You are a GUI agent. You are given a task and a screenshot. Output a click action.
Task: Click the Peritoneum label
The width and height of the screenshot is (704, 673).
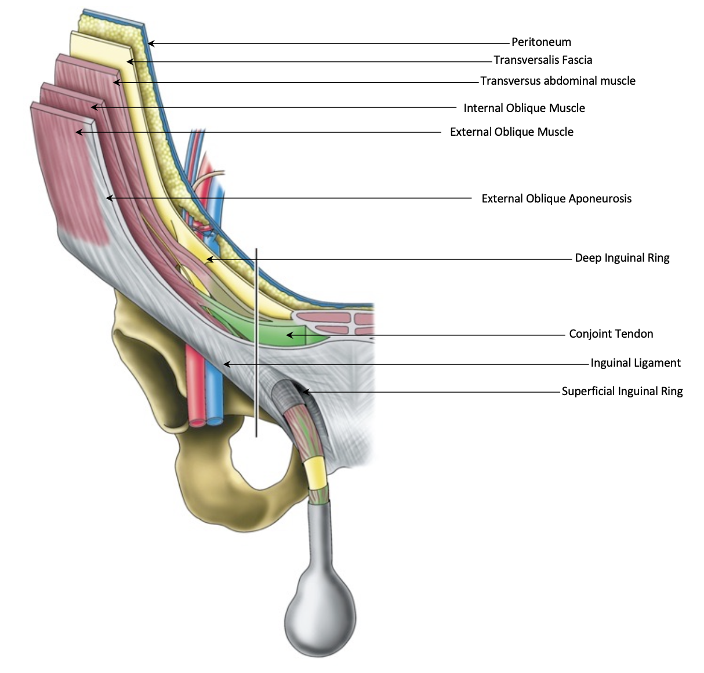coord(541,42)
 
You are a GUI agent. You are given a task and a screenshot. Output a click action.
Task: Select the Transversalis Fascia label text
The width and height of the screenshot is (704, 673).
coord(543,60)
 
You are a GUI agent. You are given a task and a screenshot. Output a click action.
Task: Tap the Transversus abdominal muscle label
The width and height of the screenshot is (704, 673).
coord(558,81)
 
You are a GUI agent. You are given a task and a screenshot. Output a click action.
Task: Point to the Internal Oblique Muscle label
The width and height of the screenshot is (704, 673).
coord(524,108)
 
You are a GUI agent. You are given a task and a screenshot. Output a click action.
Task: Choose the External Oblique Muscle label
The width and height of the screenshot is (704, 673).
coord(511,132)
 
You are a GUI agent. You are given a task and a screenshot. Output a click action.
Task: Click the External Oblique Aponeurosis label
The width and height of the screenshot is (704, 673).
coord(556,199)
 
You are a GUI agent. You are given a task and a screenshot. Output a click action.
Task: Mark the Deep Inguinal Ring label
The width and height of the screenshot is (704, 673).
coord(622,258)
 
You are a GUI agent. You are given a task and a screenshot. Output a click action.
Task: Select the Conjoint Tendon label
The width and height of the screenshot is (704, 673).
coord(611,334)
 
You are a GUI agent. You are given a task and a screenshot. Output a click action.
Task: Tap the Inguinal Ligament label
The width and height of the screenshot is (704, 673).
coord(636,363)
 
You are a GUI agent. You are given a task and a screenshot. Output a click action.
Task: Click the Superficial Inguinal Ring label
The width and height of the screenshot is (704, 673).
coord(622,392)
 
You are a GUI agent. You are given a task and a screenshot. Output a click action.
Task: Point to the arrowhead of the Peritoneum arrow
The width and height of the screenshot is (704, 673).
coord(151,43)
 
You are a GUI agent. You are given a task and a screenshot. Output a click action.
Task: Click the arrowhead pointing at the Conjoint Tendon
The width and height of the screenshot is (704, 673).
coord(289,335)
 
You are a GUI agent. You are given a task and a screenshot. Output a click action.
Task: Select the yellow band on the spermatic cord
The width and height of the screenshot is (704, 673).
coord(317,473)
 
